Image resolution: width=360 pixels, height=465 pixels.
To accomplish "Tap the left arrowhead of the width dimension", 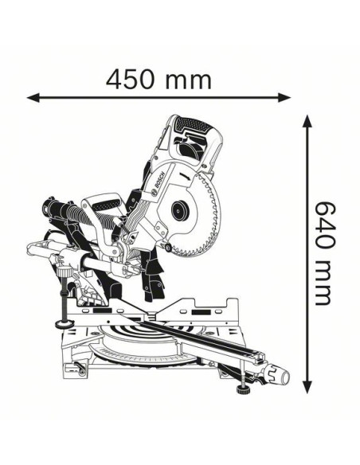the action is coord(33,97).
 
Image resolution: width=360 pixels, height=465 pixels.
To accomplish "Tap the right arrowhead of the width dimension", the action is coord(284,97).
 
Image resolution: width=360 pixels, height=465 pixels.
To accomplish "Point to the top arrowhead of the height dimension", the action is coord(307,121).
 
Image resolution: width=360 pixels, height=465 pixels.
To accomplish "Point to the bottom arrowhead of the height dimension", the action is coord(307,387).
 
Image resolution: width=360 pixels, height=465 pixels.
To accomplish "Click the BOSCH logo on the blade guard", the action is coord(158,184).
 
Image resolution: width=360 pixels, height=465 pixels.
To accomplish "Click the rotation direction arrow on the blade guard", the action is coord(185,177).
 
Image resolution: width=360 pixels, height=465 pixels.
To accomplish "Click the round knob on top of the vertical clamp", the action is coord(65,272).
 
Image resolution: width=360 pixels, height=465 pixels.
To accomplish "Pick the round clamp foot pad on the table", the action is coord(65,323).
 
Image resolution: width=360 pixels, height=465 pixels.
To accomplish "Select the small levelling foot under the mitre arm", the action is coord(243,389).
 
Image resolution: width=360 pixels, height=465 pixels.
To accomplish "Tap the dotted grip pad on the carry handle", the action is coord(107,204).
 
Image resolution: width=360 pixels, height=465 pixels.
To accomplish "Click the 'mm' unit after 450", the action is coord(189,80).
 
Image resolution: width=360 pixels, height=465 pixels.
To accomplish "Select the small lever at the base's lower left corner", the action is coord(80,367).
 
